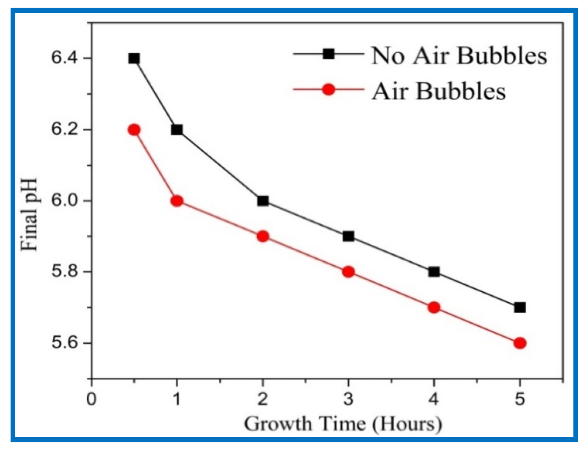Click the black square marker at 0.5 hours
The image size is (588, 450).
134,58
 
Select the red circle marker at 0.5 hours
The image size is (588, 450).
134,130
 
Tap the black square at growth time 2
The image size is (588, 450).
262,201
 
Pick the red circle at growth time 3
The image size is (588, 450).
348,272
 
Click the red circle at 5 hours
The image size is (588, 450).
519,343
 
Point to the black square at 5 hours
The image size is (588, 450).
519,307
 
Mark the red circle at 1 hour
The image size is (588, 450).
177,201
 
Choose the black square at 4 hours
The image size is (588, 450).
434,272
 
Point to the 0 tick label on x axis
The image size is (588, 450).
91,399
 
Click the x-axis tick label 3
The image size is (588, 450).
348,399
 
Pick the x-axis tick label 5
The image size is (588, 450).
519,399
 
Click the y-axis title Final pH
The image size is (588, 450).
29,215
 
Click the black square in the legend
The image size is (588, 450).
328,54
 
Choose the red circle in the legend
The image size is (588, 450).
328,89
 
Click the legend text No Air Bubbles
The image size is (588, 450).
459,57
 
